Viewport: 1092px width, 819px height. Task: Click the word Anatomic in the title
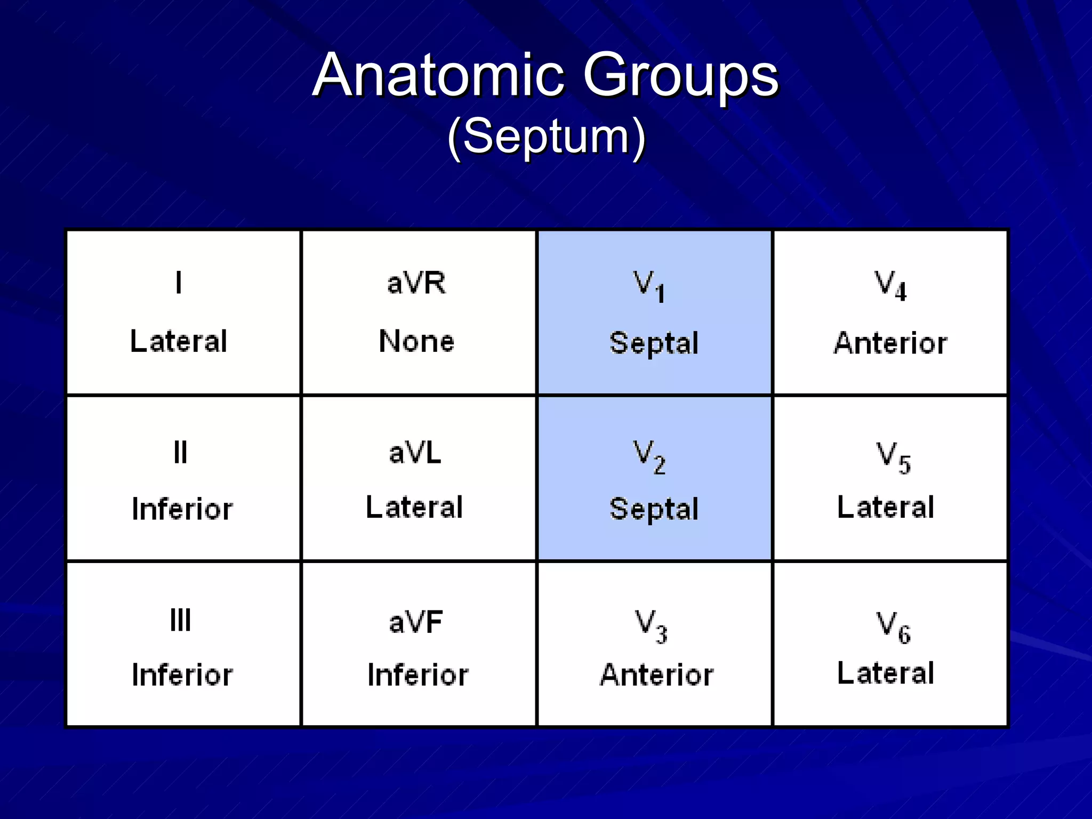(x=438, y=76)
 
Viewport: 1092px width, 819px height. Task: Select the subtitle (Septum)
(x=547, y=137)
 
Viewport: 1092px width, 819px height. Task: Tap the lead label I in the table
(x=179, y=283)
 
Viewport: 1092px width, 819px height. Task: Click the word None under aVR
(x=416, y=341)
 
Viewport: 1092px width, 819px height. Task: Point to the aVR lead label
(x=416, y=283)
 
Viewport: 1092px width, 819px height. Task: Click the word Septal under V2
(x=654, y=509)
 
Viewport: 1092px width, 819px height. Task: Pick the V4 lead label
(x=890, y=286)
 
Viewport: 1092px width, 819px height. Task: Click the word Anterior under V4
(x=890, y=343)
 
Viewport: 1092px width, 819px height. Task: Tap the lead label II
(x=181, y=453)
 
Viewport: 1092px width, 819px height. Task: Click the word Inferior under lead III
(x=182, y=675)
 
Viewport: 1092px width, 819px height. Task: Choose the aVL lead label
(x=415, y=453)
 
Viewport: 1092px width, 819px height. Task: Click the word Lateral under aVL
(x=414, y=507)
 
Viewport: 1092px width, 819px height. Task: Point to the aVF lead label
(x=416, y=622)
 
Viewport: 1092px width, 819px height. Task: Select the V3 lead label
(x=651, y=626)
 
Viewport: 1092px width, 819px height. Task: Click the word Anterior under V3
(x=656, y=675)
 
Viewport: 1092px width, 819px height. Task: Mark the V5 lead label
(x=894, y=457)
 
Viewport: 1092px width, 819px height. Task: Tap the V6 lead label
(x=894, y=627)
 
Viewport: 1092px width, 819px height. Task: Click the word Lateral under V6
(x=886, y=673)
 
